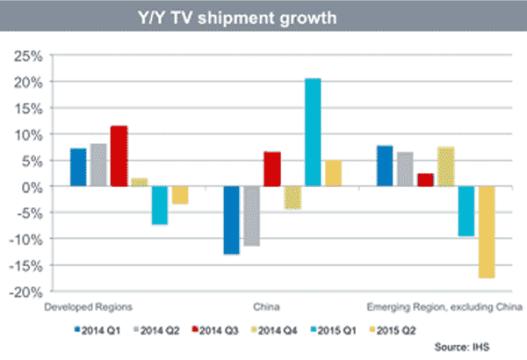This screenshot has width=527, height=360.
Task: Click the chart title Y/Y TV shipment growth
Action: click(263, 17)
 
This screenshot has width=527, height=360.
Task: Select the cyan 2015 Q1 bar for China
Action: click(312, 133)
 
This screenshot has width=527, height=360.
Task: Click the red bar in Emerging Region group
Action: click(425, 180)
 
